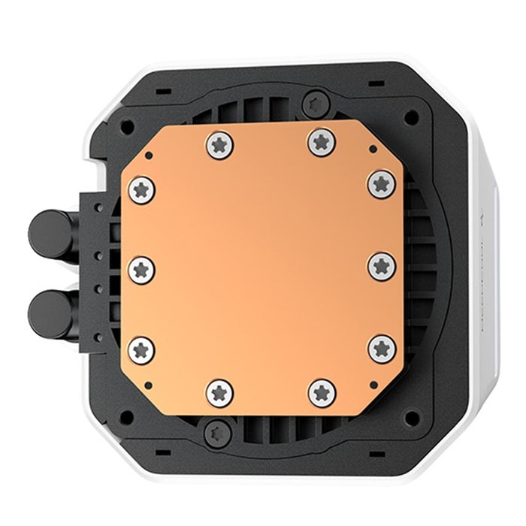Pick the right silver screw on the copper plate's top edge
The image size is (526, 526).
322,141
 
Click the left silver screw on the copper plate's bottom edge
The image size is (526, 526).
219,393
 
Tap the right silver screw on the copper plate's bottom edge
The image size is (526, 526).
322,392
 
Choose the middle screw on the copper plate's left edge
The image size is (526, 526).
141,268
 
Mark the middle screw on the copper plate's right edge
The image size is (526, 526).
381,265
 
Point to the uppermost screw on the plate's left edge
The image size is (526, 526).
141,189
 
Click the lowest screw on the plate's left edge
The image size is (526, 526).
141,349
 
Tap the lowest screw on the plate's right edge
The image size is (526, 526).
381,348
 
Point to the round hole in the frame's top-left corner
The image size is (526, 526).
127,127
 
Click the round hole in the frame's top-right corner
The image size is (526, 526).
410,117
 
